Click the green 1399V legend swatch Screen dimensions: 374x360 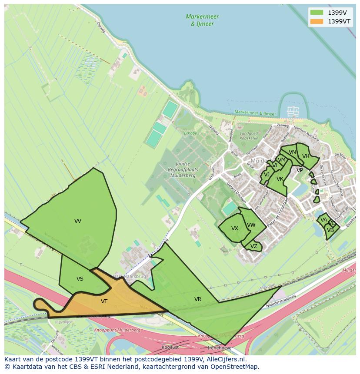(x=317, y=12)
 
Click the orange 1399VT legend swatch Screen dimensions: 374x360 (x=317, y=21)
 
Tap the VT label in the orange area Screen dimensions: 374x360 (x=104, y=301)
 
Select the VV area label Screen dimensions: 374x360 (x=78, y=221)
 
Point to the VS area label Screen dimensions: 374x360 (x=80, y=279)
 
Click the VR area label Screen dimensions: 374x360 (x=198, y=299)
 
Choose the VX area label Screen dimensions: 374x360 (x=235, y=228)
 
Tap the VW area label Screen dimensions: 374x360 (x=251, y=225)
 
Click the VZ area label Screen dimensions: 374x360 (x=254, y=246)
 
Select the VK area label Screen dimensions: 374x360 (x=280, y=179)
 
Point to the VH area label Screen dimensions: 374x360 (x=306, y=156)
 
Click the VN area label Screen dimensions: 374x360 (x=292, y=152)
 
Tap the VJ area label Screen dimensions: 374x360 (x=267, y=175)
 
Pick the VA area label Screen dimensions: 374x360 (x=323, y=220)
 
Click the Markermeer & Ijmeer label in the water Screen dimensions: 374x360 (x=202, y=20)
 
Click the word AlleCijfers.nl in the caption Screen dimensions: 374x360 (x=226, y=359)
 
